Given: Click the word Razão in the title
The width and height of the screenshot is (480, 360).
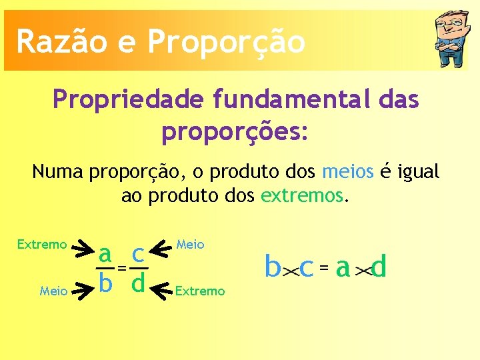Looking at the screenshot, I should (57, 41).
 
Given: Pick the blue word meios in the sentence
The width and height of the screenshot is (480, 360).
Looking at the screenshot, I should (347, 172).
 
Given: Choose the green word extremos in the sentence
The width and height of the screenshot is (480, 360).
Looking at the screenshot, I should (303, 196).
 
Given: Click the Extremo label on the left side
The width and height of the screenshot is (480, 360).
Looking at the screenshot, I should (42, 245).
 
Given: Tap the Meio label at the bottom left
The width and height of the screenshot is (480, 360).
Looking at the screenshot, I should (53, 291).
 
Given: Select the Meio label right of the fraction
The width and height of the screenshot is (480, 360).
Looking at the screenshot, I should (191, 245).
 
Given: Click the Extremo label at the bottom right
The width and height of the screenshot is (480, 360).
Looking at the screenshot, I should (200, 291).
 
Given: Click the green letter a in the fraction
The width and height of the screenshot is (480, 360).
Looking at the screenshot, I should (105, 253).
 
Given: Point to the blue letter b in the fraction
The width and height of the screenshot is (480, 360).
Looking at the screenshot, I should (105, 283).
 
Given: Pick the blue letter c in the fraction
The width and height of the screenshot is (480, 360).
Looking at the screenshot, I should (139, 253).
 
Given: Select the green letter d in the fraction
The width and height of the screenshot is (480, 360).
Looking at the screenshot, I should (139, 283).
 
